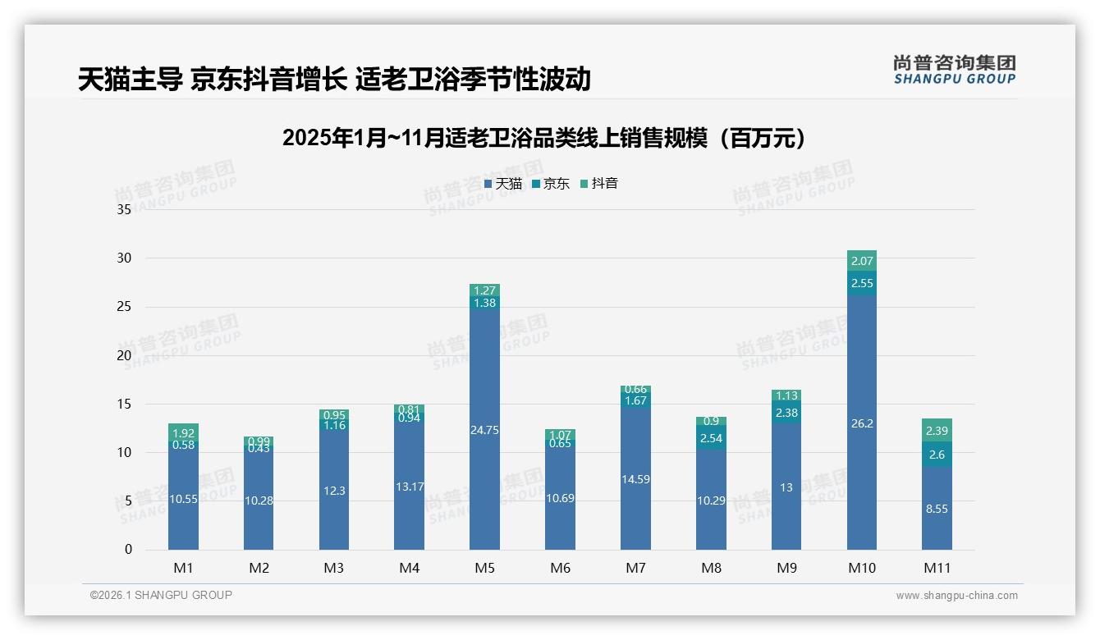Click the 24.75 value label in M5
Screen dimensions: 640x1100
pos(484,430)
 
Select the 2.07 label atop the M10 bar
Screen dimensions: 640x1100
pos(862,261)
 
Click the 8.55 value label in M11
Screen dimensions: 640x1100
pos(937,509)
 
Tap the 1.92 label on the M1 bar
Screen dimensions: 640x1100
pos(183,432)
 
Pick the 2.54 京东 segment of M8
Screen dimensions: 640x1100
pos(711,438)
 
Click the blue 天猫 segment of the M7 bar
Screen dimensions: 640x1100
pos(635,479)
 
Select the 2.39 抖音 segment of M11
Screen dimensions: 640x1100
pos(937,431)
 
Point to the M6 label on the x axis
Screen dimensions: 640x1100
pos(560,568)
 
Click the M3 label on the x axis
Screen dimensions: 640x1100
pos(333,568)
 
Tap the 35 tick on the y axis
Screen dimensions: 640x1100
pos(124,209)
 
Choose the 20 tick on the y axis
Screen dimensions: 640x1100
pos(124,355)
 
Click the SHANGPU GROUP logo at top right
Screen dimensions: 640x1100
pos(954,70)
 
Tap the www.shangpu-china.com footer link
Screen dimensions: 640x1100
pos(956,596)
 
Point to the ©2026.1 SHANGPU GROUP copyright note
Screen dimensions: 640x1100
pos(161,595)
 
